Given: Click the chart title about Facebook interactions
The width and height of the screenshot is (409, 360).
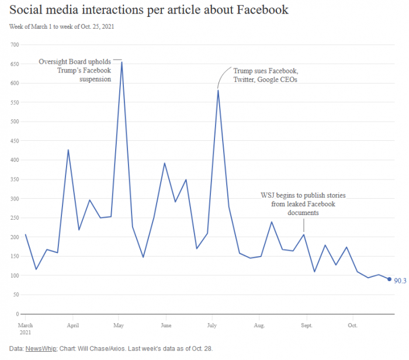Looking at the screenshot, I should coord(148,11).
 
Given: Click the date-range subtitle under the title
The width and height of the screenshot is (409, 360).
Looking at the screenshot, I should coord(61,27).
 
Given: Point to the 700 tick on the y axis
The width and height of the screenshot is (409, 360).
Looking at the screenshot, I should coord(15,45).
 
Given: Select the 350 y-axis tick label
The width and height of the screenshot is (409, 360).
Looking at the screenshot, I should coord(15,179).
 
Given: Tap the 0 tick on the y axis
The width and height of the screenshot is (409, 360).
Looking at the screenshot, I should coord(18,314).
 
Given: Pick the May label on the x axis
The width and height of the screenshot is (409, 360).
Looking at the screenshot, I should coord(119,324).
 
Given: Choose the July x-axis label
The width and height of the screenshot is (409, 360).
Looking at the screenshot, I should coord(212,324).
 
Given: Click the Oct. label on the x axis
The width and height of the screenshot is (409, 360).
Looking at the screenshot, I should coord(352,324).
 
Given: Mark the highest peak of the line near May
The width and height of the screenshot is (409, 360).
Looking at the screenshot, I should coord(122,62).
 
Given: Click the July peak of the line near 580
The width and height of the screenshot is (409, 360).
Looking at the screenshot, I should coord(218,90).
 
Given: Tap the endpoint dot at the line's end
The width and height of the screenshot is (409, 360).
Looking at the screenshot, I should coord(389,279).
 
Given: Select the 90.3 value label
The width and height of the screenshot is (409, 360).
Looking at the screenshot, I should coord(400,281).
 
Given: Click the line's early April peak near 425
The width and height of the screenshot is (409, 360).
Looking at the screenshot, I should coord(68,150).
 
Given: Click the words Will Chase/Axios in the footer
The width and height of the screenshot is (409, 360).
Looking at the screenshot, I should coord(113,348).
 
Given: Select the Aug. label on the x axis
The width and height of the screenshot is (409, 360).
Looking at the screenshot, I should coord(259,324).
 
